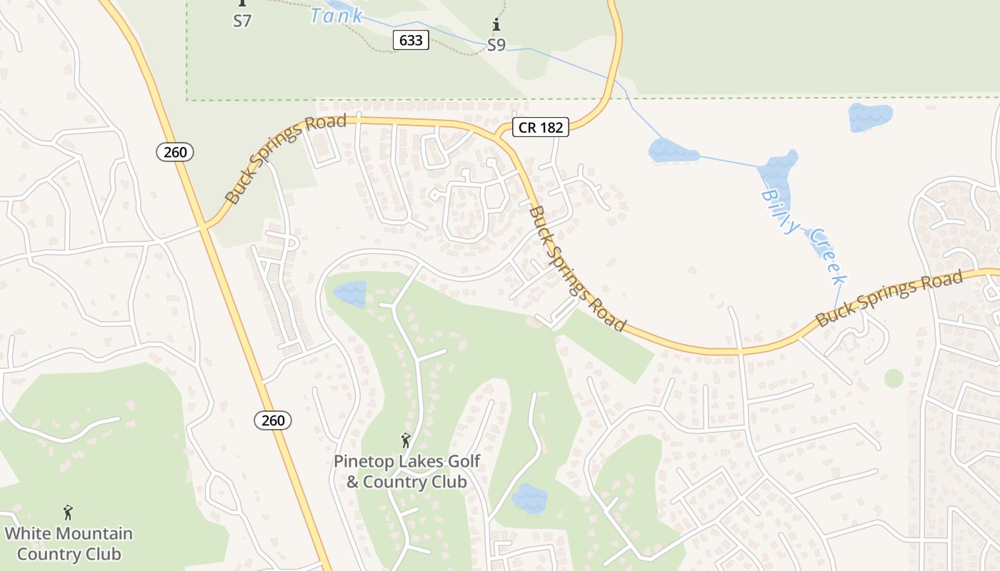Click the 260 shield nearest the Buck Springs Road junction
tap(175, 151)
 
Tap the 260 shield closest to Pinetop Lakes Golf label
tap(273, 420)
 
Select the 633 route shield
tap(411, 41)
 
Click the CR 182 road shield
tap(541, 128)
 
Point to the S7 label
tap(242, 21)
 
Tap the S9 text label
tap(496, 45)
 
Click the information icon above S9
tap(496, 26)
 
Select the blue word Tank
tap(336, 16)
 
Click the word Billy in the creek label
tap(780, 211)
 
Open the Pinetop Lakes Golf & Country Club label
tap(406, 471)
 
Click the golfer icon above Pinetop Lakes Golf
tap(406, 440)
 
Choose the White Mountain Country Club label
tap(69, 543)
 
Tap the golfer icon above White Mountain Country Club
tap(69, 512)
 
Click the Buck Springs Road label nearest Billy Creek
tap(889, 298)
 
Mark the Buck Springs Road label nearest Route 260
tap(285, 158)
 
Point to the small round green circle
tap(894, 378)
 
